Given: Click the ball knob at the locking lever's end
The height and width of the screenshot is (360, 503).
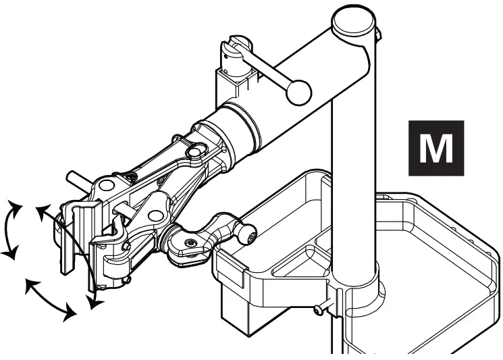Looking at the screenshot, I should click(x=298, y=93).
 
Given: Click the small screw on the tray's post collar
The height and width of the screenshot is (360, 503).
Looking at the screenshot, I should click(x=318, y=310).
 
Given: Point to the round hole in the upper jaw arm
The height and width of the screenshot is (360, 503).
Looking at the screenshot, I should click(x=107, y=186).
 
